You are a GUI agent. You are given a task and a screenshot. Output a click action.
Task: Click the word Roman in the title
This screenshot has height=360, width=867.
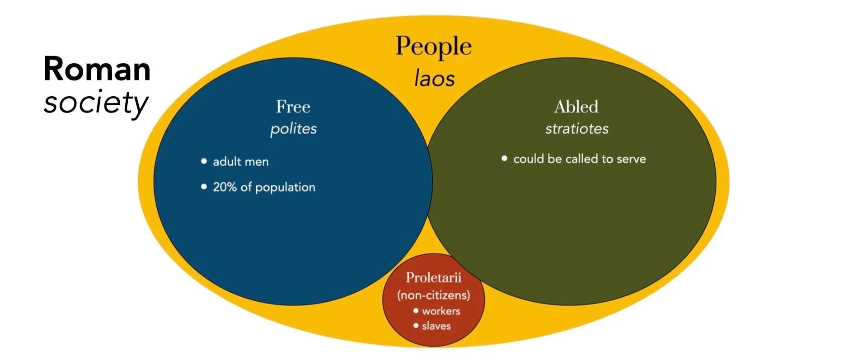(x=97, y=69)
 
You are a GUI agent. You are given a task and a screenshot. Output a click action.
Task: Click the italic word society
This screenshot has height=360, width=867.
(x=96, y=103)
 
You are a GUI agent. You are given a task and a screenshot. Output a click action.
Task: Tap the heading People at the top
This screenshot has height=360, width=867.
(x=433, y=47)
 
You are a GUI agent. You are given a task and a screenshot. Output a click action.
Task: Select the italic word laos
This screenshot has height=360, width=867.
(x=434, y=78)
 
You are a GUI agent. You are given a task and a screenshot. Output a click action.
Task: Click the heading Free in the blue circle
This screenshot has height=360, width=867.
(x=293, y=107)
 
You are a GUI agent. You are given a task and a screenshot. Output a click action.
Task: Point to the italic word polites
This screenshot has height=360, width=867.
(x=293, y=129)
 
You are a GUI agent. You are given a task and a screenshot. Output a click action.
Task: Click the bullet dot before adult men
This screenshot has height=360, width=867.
(x=204, y=161)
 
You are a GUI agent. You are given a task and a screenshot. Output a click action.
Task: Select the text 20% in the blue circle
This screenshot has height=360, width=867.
(x=225, y=187)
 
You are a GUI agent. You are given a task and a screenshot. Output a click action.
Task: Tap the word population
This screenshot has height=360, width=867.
(x=285, y=187)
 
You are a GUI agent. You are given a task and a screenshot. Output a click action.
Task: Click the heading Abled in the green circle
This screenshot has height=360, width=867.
(x=576, y=107)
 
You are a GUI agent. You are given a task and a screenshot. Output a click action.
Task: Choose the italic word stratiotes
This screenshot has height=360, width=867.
(x=576, y=129)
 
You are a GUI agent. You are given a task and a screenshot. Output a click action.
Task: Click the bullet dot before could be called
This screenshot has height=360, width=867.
(x=504, y=159)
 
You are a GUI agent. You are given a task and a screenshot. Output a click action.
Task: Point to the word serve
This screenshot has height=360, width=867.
(x=631, y=159)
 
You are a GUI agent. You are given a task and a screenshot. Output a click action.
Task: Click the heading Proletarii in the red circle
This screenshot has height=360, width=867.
(x=433, y=277)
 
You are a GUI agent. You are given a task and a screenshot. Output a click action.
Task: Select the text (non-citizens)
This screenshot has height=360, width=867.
(x=433, y=295)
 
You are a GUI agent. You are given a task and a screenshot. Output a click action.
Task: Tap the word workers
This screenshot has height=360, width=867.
(x=441, y=311)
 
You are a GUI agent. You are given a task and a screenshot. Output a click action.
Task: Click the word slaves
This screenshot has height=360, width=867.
(x=436, y=326)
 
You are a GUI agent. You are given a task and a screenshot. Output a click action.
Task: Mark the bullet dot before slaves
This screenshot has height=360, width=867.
(x=416, y=325)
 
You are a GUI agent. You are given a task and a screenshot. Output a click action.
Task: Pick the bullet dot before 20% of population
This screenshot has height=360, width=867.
(x=204, y=187)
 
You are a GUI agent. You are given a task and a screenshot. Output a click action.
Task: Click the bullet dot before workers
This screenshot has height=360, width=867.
(x=416, y=310)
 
